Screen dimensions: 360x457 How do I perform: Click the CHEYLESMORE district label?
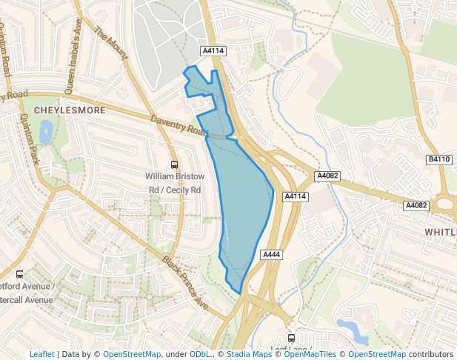[x=70, y=110]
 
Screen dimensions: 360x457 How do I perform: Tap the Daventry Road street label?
[x=178, y=124]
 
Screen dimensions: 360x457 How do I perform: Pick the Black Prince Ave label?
[x=186, y=282]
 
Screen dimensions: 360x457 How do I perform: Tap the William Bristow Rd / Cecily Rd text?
[x=173, y=183]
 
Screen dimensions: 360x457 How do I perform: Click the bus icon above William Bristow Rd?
[x=174, y=165]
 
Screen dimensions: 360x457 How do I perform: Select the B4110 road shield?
[x=439, y=159]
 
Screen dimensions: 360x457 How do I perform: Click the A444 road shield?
[x=272, y=255]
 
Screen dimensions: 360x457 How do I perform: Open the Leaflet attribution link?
[x=41, y=354]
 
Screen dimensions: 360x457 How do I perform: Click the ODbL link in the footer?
[x=200, y=354]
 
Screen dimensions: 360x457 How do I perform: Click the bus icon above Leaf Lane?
[x=292, y=335]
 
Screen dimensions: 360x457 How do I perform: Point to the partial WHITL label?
[x=440, y=232]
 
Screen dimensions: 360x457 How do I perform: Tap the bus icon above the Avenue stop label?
[x=19, y=273]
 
